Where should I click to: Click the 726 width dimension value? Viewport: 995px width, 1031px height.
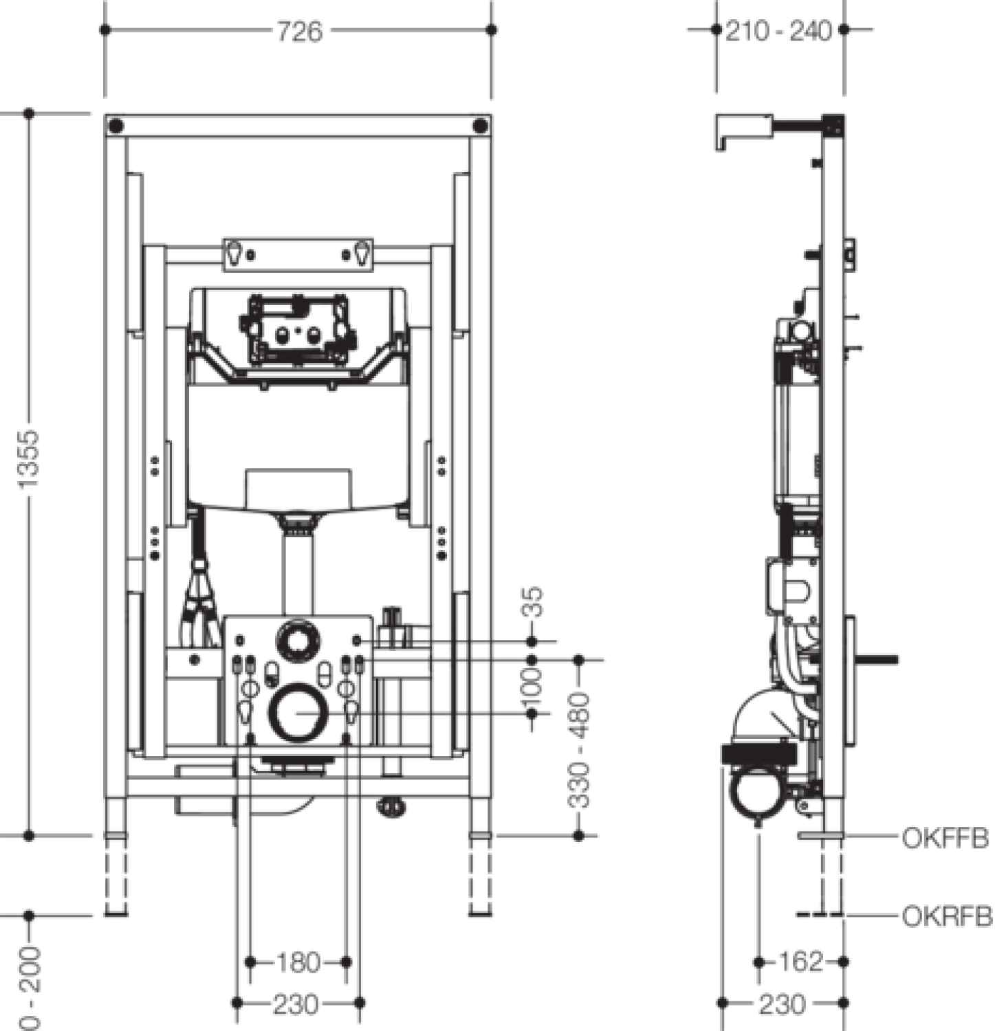[299, 31]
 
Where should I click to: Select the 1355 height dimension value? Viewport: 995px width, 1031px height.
[30, 458]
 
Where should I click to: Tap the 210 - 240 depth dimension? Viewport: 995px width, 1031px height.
[778, 31]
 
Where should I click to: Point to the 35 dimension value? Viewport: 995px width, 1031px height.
[533, 602]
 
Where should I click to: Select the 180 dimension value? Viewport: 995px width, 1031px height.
[298, 962]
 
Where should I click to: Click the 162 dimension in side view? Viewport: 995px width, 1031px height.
[802, 962]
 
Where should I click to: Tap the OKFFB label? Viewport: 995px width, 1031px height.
[945, 838]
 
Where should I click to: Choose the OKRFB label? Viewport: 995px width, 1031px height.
[947, 916]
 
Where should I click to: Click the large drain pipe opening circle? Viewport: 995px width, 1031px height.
[296, 713]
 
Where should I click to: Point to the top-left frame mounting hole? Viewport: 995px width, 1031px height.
[116, 126]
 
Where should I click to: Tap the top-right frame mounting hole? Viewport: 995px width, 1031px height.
[481, 126]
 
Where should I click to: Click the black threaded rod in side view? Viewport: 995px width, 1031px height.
[877, 660]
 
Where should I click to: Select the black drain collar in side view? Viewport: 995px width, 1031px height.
[759, 753]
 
